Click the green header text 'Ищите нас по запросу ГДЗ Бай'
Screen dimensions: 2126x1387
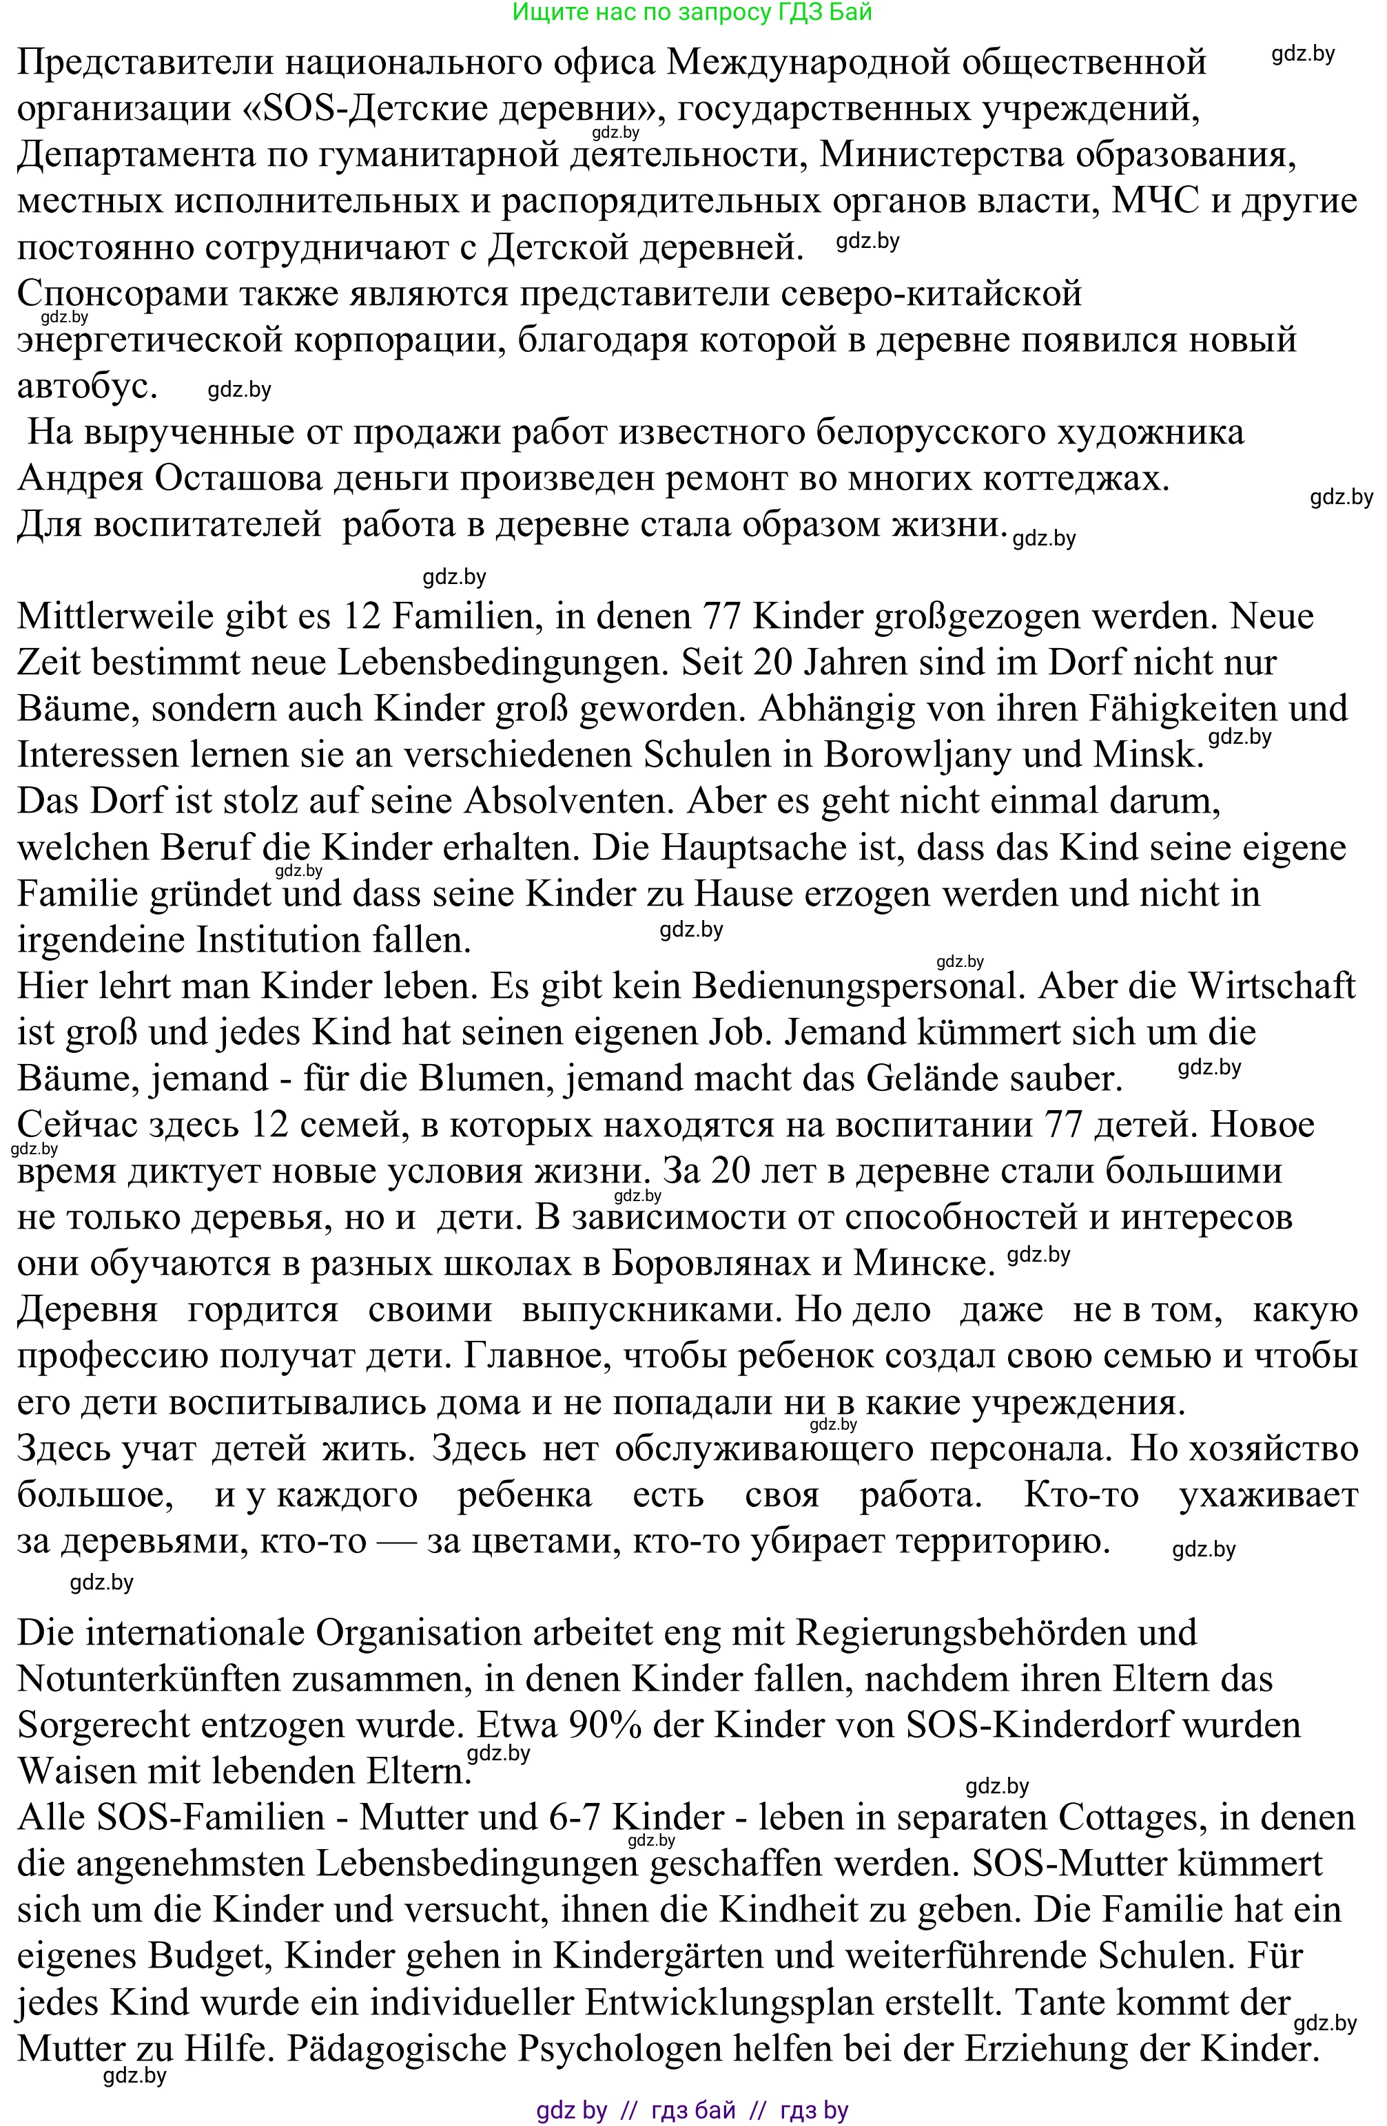click(692, 12)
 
